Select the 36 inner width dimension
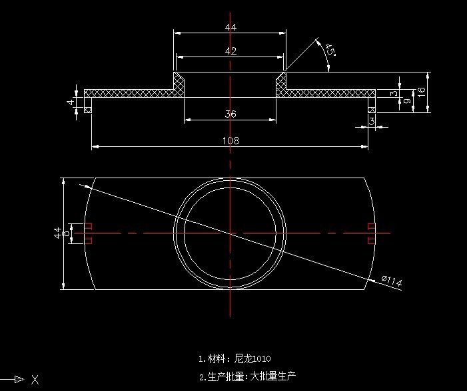[231, 114]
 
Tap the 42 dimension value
[231, 51]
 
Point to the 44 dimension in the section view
[231, 27]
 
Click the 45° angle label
[330, 51]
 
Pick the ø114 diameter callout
[391, 283]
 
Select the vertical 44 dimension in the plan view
[57, 233]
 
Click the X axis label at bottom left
[35, 380]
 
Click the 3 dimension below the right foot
[372, 120]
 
